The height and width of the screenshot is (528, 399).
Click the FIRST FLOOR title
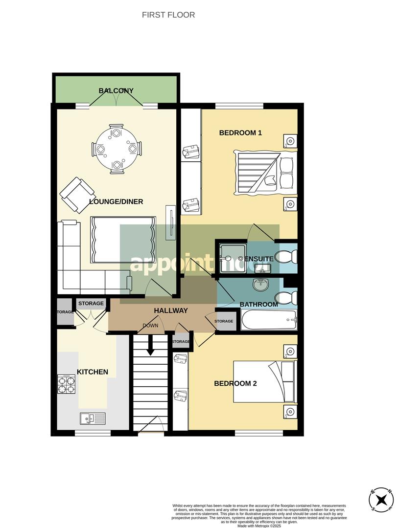point(168,15)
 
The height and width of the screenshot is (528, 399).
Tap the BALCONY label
point(116,90)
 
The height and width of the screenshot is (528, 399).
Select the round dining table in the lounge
point(116,148)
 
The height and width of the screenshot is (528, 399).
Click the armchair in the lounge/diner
point(77,194)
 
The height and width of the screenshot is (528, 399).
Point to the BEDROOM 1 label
point(240,132)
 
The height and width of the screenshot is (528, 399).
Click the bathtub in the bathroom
point(269,321)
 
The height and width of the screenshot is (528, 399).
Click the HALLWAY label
point(171,310)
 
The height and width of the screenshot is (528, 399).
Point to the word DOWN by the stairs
point(150,326)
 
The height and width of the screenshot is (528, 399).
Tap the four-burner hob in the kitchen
point(67,383)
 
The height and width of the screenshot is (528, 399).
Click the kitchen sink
point(93,418)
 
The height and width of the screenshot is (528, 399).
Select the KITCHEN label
point(93,372)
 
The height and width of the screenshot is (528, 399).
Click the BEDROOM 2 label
point(235,383)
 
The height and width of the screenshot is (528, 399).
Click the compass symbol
point(381,500)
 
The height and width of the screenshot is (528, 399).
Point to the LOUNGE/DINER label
point(109,201)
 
